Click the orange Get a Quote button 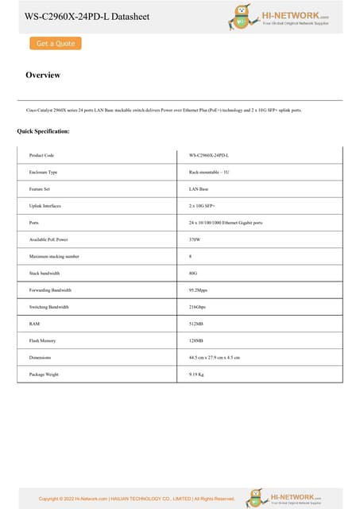click(56, 44)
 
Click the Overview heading click(43, 75)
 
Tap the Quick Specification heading click(43, 130)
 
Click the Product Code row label click(41, 155)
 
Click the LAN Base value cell click(199, 189)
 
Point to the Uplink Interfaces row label click(46, 206)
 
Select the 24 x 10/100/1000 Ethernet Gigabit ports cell click(226, 223)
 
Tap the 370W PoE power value click(195, 239)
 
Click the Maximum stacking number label click(54, 256)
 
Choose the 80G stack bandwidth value click(193, 273)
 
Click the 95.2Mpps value click(199, 290)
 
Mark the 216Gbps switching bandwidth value click(198, 307)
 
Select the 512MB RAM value click(196, 324)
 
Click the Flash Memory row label click(42, 340)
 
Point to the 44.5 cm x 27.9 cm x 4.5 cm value click(215, 357)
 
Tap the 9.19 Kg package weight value click(197, 374)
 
